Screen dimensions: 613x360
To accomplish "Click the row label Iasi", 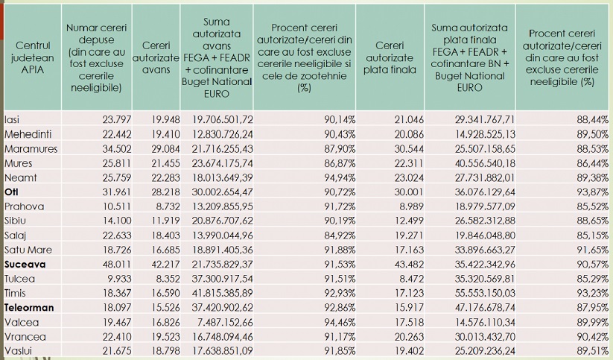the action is [x=12, y=119].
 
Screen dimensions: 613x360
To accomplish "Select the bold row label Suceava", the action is [x=25, y=264].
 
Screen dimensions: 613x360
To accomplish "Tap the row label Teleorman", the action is [x=29, y=308].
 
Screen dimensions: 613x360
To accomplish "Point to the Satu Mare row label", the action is [x=28, y=250].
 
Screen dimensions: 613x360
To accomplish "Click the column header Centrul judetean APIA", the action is [x=33, y=57].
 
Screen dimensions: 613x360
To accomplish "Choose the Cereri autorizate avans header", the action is [x=156, y=57].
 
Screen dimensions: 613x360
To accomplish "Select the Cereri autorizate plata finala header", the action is [x=390, y=57].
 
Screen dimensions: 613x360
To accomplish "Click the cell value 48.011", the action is [x=116, y=264].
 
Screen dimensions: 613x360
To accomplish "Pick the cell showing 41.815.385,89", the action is [x=223, y=293].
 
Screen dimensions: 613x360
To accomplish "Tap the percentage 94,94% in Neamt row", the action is [x=340, y=177].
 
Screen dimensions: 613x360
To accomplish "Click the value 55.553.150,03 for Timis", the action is [x=485, y=293].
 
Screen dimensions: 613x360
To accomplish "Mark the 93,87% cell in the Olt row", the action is [x=593, y=192].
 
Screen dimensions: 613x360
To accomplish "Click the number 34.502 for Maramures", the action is [x=116, y=149].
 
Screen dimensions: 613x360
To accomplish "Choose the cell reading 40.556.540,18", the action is [x=485, y=163].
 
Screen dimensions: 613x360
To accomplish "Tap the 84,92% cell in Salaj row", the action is [x=340, y=236].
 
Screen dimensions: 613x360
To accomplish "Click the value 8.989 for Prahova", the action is [x=411, y=206].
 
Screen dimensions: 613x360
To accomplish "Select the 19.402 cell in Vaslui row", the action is [x=409, y=351].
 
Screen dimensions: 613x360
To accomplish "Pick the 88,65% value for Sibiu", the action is [x=593, y=221].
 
